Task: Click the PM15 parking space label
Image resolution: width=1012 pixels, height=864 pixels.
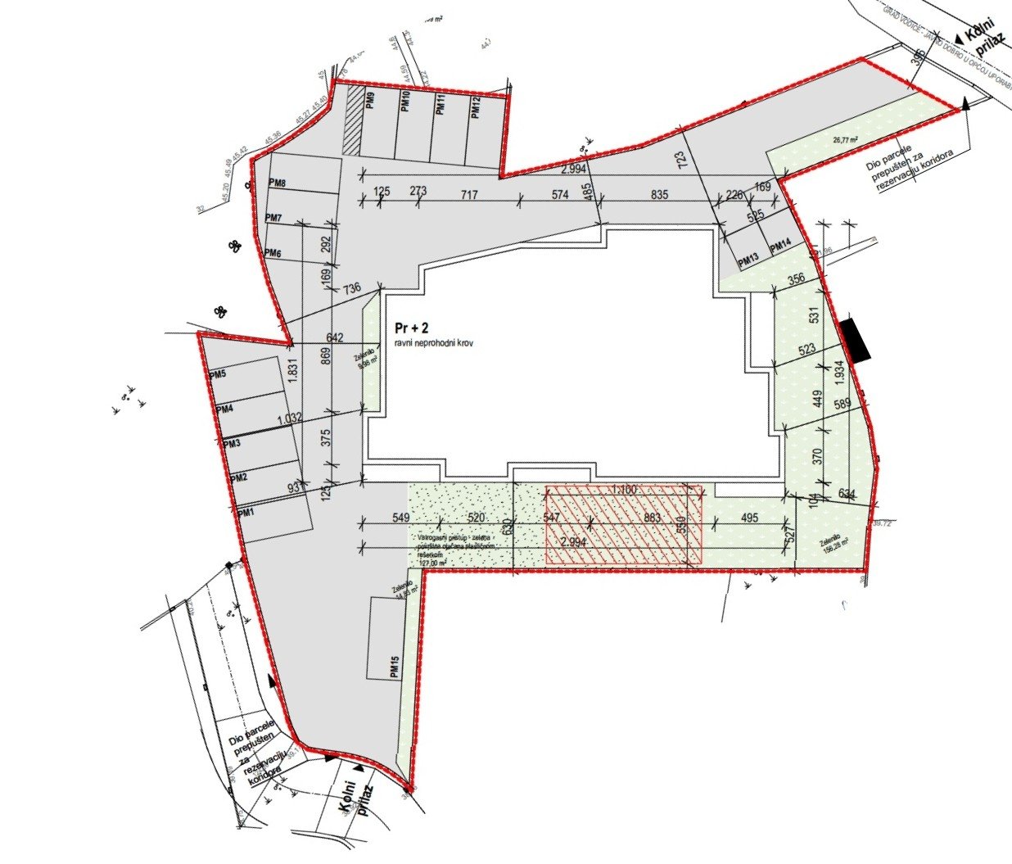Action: tap(395, 667)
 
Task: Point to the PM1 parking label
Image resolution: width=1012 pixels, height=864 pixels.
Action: tap(246, 512)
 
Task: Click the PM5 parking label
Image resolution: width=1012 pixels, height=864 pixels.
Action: tap(217, 375)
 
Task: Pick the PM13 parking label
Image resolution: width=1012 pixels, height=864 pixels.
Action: tap(748, 262)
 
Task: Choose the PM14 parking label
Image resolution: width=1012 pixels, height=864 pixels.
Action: tap(779, 245)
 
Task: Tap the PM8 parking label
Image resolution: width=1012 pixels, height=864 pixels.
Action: tap(277, 183)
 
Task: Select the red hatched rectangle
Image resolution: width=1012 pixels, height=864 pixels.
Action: tap(624, 524)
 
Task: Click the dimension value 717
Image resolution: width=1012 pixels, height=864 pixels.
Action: tap(469, 195)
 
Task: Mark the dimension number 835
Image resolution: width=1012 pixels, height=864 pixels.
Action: tap(660, 195)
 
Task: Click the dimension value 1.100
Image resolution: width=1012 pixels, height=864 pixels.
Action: tap(624, 489)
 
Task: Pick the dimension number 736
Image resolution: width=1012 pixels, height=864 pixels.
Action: tap(351, 288)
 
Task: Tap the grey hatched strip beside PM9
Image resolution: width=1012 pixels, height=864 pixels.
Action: tap(352, 120)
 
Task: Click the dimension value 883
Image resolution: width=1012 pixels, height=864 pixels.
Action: tap(653, 518)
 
